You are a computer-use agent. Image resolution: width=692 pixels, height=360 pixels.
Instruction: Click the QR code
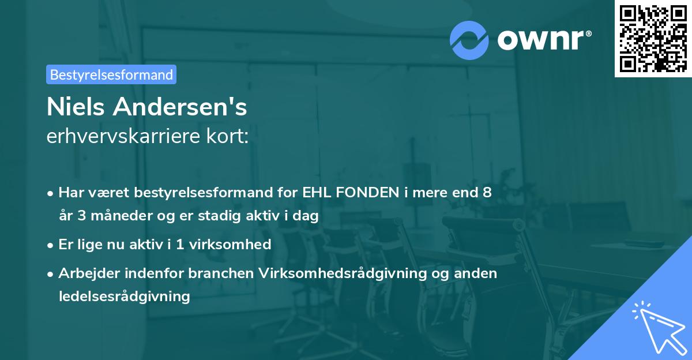pos(653,39)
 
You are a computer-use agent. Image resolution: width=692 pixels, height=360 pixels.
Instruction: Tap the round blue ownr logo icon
pos(469,40)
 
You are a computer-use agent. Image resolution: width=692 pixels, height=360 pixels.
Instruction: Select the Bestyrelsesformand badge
pos(111,74)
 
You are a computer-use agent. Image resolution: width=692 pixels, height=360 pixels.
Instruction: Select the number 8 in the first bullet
pos(487,193)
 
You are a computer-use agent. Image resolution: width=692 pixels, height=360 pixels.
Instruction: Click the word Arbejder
pos(86,273)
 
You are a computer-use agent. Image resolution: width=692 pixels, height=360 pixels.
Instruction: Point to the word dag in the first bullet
pos(306,216)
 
